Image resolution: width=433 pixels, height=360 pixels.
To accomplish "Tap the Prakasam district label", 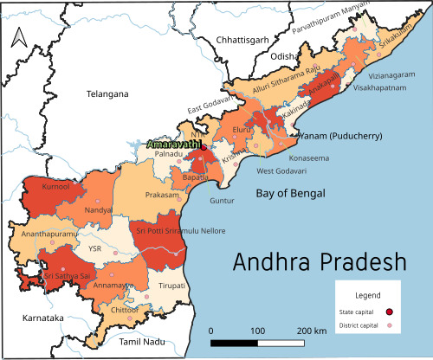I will [x=162, y=196].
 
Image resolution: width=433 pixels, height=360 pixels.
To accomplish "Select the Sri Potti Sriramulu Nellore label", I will [x=180, y=231].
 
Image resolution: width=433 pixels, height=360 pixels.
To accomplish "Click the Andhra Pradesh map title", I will [x=320, y=261].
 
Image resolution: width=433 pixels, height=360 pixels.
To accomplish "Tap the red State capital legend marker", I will [x=390, y=312].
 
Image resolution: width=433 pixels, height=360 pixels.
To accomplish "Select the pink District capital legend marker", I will [x=390, y=325].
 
